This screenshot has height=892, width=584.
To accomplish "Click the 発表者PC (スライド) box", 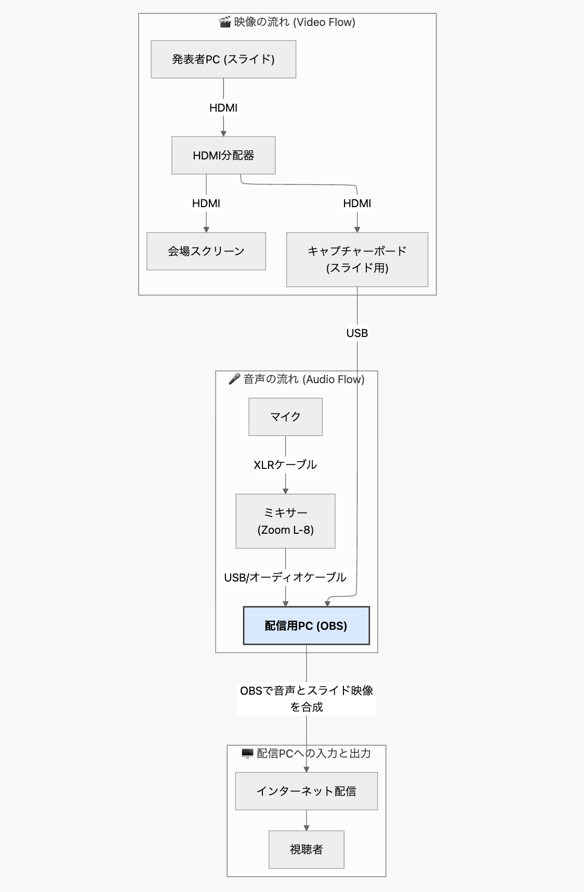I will (223, 59).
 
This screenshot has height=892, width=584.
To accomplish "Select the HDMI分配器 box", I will (223, 155).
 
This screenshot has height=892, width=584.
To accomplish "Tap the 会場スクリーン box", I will (206, 251).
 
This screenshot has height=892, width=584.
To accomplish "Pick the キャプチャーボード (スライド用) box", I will (357, 259).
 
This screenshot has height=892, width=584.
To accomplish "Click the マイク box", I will (285, 416).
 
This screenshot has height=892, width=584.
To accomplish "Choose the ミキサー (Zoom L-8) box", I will (285, 521).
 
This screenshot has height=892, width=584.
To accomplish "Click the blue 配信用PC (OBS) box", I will (306, 626).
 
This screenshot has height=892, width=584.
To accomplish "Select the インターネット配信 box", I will (306, 791).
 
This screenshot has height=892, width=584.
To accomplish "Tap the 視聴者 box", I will (306, 849).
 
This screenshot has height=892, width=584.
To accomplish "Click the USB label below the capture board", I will (357, 333).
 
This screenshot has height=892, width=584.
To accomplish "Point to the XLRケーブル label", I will (285, 465).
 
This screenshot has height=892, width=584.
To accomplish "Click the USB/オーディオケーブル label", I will (285, 577).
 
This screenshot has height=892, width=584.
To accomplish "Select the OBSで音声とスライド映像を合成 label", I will (307, 698).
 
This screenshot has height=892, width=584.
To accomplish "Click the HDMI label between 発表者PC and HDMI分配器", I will (223, 107).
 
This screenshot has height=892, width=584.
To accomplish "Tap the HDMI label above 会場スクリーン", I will (206, 203).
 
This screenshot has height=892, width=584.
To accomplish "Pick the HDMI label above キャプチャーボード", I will (357, 203).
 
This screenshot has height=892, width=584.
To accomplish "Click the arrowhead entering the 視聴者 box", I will (306, 828).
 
